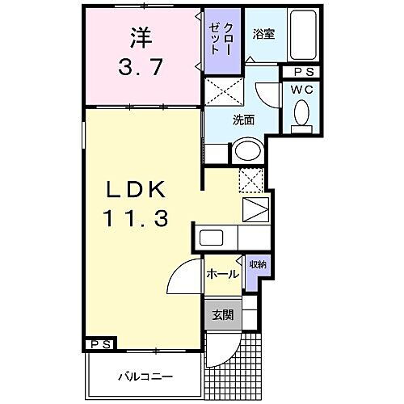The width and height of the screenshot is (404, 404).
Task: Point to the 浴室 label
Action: [263, 34]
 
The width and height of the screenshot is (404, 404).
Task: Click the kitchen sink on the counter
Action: [212, 238]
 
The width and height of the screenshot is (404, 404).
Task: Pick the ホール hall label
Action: [221, 275]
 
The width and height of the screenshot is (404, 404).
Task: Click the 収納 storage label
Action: [257, 264]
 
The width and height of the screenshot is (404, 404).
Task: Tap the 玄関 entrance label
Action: [221, 314]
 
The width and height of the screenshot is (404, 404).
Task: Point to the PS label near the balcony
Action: [101, 344]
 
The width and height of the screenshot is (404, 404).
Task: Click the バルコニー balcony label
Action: [143, 377]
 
